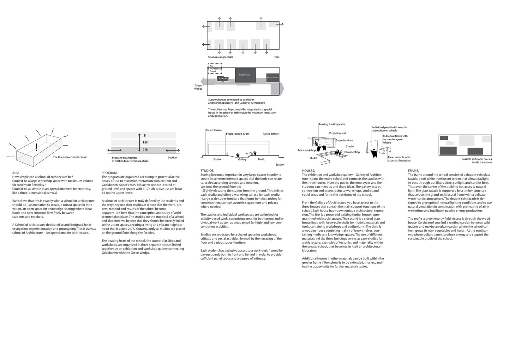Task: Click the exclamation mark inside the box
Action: click(x=37, y=147)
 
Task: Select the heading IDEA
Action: click(x=16, y=173)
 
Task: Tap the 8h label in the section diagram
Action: click(x=145, y=135)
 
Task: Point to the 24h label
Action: click(x=145, y=150)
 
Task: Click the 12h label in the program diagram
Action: click(x=145, y=143)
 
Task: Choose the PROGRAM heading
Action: click(x=109, y=173)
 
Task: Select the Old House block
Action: click(x=222, y=78)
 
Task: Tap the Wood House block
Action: click(x=273, y=77)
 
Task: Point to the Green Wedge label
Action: click(x=198, y=87)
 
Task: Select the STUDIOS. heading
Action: click(x=207, y=171)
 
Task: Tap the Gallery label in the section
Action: click(x=242, y=159)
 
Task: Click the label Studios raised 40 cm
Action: click(x=237, y=134)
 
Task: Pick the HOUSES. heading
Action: click(x=308, y=171)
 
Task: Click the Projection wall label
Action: click(x=338, y=133)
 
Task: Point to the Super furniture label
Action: click(x=344, y=140)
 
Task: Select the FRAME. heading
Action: click(x=414, y=171)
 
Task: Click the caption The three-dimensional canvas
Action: click(x=70, y=157)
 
